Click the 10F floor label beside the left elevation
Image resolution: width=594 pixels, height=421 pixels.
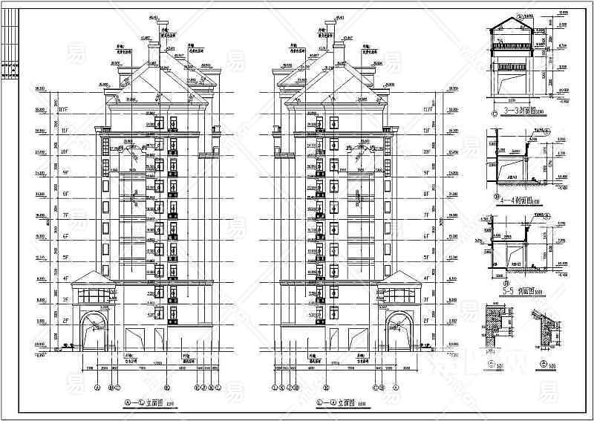point(65,152)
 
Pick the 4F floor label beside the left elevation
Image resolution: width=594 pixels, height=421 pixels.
point(65,279)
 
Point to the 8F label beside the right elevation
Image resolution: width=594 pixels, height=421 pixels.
point(426,195)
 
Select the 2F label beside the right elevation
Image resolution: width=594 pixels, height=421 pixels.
point(426,321)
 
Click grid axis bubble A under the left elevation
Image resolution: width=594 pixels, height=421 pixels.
point(97,387)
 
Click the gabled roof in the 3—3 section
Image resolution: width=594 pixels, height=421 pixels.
point(511,27)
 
